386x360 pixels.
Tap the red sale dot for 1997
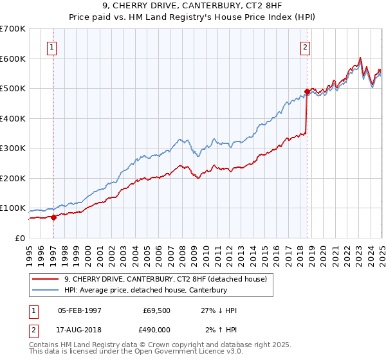pyautogui.click(x=53, y=217)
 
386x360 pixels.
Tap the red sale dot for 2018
pyautogui.click(x=308, y=92)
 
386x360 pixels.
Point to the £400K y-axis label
pyautogui.click(x=13, y=118)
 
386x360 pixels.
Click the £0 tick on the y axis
pyautogui.click(x=21, y=238)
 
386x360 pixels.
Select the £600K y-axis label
pyautogui.click(x=13, y=59)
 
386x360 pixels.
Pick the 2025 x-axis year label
pyautogui.click(x=381, y=251)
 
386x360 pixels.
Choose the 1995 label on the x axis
pyautogui.click(x=29, y=251)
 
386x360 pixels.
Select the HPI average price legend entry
pyautogui.click(x=145, y=290)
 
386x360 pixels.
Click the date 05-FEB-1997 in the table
pyautogui.click(x=80, y=310)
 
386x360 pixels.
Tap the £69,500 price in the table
pyautogui.click(x=154, y=310)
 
